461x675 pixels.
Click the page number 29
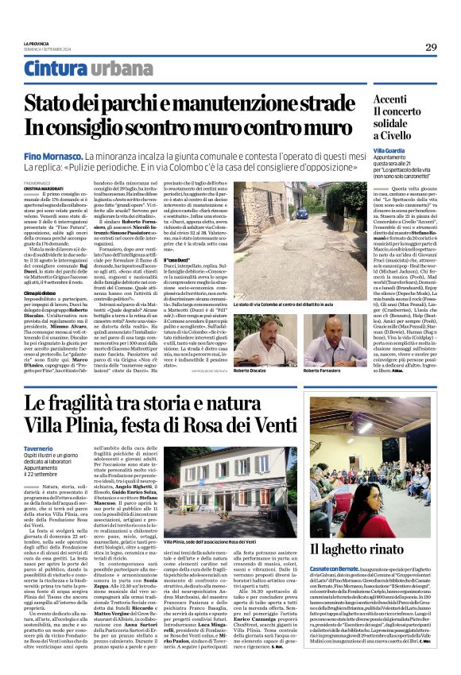[431, 47]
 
